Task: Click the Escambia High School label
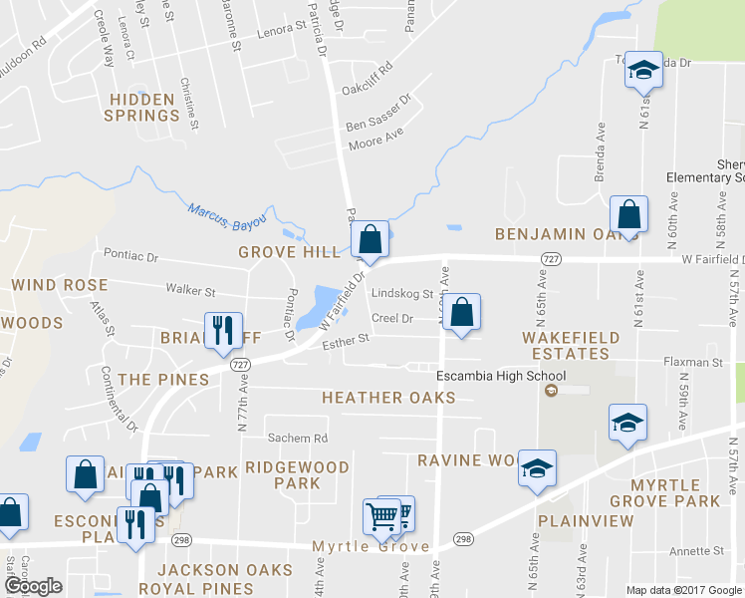(x=501, y=376)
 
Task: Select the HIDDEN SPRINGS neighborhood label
(x=144, y=107)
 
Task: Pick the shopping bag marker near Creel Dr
(x=462, y=313)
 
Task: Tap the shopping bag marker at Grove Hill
(x=370, y=240)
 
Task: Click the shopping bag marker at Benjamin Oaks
(x=628, y=214)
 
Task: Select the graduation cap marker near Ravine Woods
(x=537, y=469)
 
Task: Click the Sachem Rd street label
(x=297, y=439)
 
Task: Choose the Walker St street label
(x=191, y=291)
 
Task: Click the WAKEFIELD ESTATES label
(x=571, y=345)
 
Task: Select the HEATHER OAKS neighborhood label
(x=388, y=398)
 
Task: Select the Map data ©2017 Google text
(x=682, y=590)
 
